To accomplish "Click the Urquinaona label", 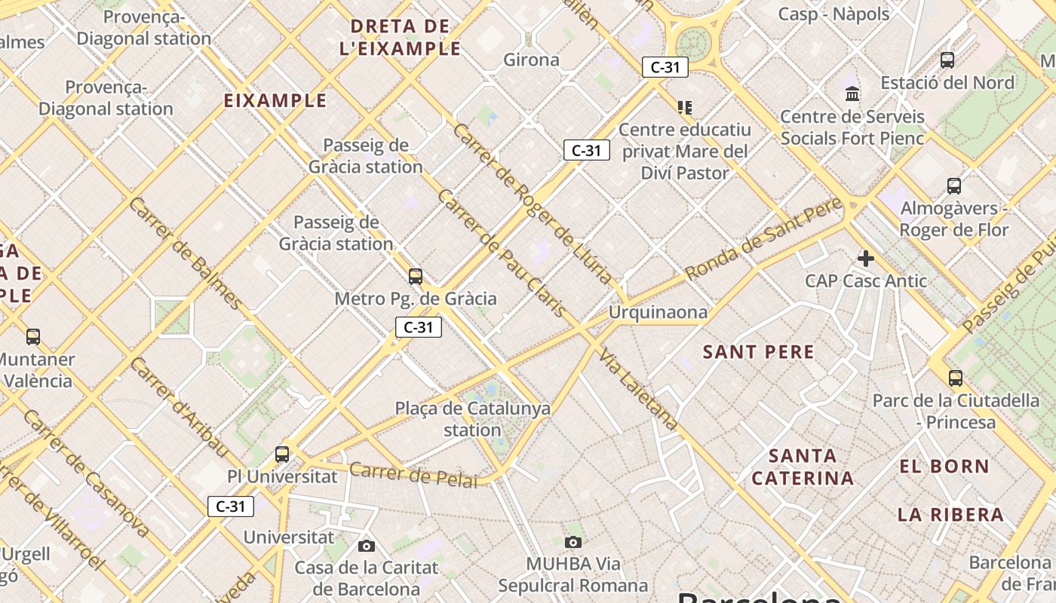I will click(x=658, y=312).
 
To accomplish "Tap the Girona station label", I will click(x=531, y=60).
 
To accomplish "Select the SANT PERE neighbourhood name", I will click(x=758, y=352).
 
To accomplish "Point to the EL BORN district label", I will click(x=944, y=467).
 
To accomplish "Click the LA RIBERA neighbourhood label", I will click(x=950, y=515).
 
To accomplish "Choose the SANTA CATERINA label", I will click(x=803, y=467).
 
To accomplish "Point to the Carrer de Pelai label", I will click(x=413, y=475).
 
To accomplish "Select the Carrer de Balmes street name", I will click(x=186, y=253).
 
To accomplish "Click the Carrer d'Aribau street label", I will click(x=179, y=407).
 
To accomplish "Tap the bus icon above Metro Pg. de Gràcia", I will click(x=415, y=276).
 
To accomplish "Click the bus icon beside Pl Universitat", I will click(x=281, y=454).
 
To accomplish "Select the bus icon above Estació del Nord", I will click(x=947, y=60).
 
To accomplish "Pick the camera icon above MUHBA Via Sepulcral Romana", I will click(x=573, y=542).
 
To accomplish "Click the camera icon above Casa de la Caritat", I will click(x=366, y=546).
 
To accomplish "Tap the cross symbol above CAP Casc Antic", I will click(x=865, y=259).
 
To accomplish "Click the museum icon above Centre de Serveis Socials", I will click(x=852, y=93).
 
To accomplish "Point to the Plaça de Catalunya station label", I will click(x=472, y=419).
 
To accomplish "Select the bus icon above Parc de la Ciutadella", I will click(x=955, y=378).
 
